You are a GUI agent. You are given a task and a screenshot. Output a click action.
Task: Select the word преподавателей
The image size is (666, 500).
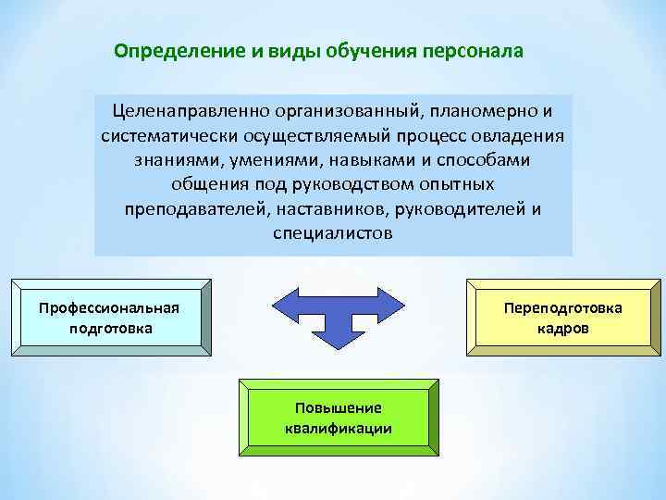click(196, 208)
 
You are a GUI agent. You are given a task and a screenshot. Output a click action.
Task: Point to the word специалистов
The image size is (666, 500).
click(333, 232)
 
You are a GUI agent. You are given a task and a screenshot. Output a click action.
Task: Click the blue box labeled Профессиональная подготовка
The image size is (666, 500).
click(109, 318)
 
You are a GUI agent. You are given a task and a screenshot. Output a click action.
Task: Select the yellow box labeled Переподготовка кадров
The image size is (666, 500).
click(562, 318)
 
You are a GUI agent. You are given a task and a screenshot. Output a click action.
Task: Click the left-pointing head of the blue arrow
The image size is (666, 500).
click(280, 305)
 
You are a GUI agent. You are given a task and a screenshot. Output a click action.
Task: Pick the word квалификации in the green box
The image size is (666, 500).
click(338, 428)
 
